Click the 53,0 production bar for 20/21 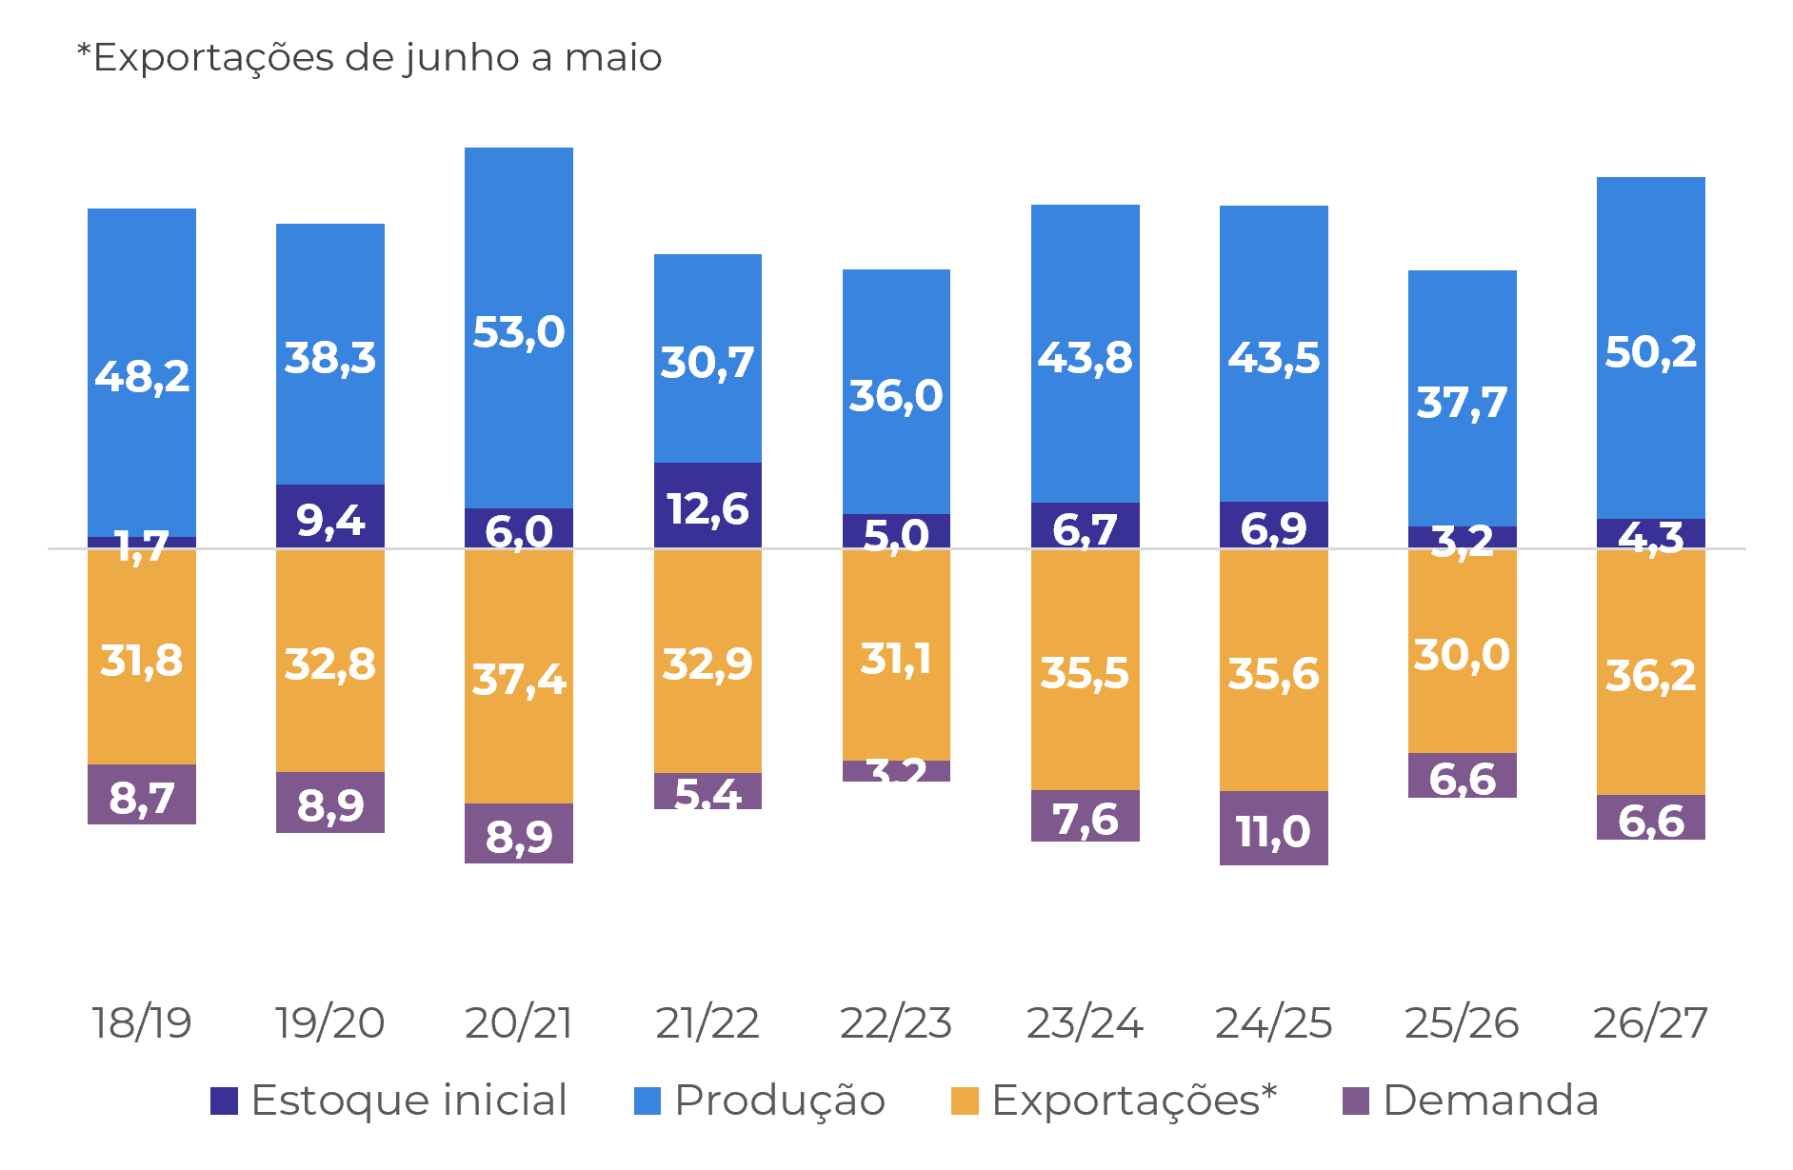point(518,328)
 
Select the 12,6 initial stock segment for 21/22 point(707,506)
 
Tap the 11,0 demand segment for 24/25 point(1273,828)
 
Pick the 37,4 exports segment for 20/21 point(518,677)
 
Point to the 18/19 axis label point(142,1022)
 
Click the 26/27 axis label point(1650,1022)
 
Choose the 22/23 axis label point(895,1022)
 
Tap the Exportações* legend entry point(1114,1101)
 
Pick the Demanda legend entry point(1470,1101)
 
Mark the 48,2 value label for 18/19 point(142,376)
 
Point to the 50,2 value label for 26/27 point(1650,352)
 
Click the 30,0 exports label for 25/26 point(1462,655)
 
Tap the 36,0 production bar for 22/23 point(895,393)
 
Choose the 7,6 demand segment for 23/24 point(1085,817)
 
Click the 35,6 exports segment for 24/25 point(1273,672)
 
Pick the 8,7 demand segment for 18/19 point(142,795)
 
